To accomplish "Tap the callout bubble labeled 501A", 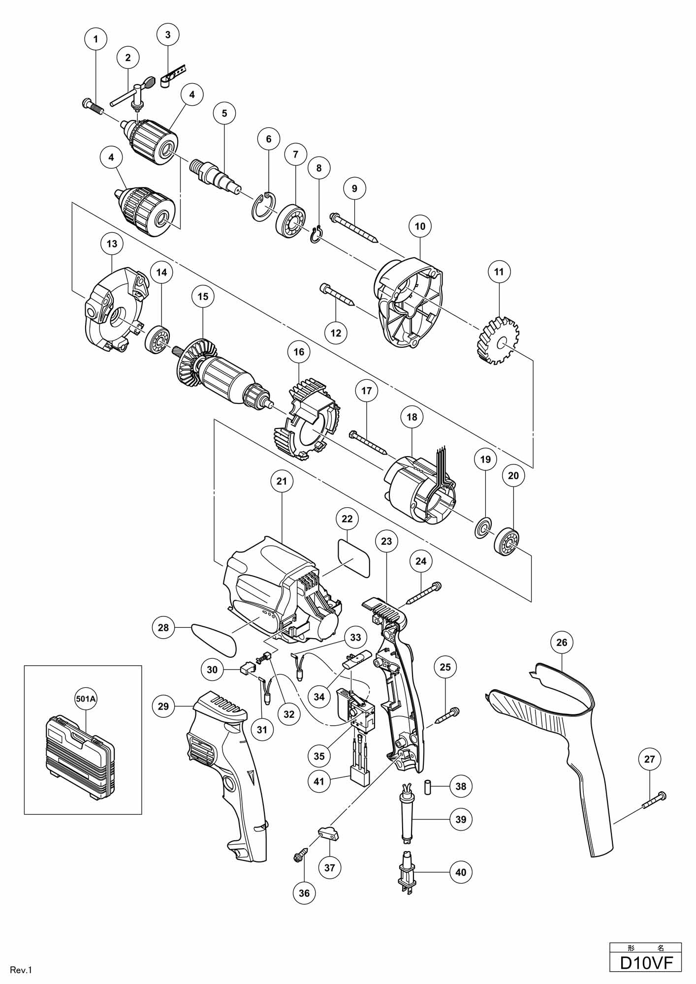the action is (x=85, y=700).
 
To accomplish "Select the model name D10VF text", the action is (x=645, y=962).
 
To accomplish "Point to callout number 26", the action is (x=562, y=642).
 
